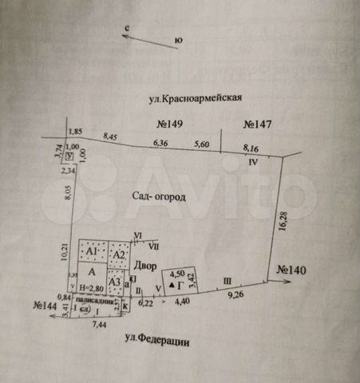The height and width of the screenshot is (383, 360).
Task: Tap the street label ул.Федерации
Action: (x=156, y=341)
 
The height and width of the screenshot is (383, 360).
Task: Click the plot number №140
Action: (x=293, y=270)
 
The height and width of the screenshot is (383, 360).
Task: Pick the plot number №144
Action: (x=47, y=305)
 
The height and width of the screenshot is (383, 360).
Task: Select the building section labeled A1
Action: (x=93, y=252)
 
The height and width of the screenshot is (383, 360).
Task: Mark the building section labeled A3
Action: (x=115, y=281)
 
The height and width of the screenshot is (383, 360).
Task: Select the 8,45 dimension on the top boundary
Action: (x=110, y=136)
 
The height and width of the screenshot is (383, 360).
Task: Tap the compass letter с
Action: (x=127, y=28)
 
